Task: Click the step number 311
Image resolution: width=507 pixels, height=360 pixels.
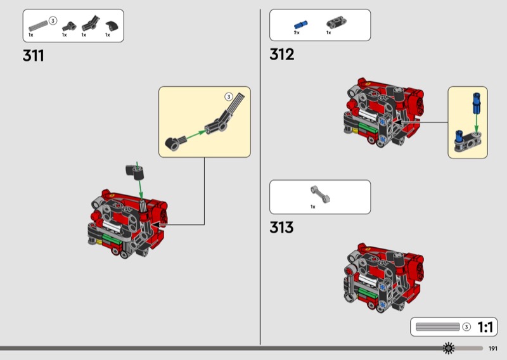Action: (x=34, y=56)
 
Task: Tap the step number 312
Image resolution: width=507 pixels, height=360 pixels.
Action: (x=282, y=55)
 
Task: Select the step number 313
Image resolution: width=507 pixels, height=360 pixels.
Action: (x=281, y=227)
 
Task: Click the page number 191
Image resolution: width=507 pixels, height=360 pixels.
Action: (x=493, y=348)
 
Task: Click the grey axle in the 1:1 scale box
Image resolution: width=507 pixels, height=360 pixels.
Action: (x=437, y=327)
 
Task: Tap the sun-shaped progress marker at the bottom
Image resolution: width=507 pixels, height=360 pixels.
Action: (x=449, y=348)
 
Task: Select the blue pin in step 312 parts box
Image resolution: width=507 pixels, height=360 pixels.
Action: (x=299, y=24)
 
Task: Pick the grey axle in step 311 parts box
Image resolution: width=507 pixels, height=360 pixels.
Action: (x=37, y=24)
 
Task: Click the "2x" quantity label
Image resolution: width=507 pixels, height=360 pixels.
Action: (x=297, y=33)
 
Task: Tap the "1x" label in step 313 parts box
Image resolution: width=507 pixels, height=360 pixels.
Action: (x=312, y=206)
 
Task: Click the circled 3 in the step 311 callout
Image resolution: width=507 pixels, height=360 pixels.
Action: (x=229, y=97)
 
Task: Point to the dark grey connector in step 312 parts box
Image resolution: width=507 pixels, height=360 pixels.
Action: (x=332, y=23)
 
